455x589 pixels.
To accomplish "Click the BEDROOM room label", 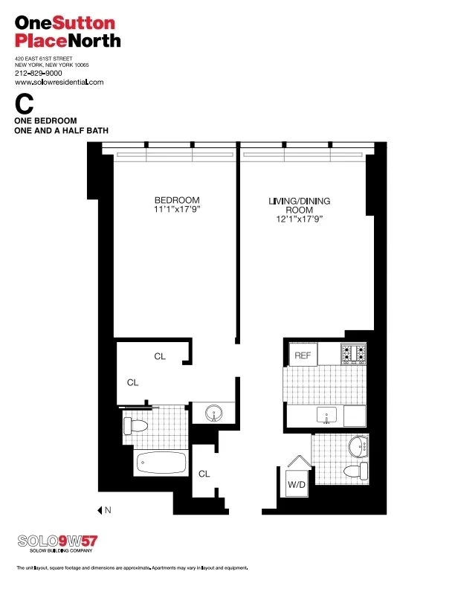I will pyautogui.click(x=177, y=200).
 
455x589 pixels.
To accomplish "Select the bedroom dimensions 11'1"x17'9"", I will pyautogui.click(x=177, y=210).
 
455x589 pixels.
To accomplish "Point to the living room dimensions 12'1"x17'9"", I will pyautogui.click(x=299, y=221).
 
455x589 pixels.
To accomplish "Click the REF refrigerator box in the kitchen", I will pyautogui.click(x=303, y=355).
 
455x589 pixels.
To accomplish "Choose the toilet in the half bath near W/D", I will pyautogui.click(x=355, y=471).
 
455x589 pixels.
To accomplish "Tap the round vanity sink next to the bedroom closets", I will pyautogui.click(x=213, y=413).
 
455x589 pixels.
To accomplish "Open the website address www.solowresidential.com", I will pyautogui.click(x=59, y=82).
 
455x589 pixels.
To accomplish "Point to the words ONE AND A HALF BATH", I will pyautogui.click(x=62, y=130).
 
